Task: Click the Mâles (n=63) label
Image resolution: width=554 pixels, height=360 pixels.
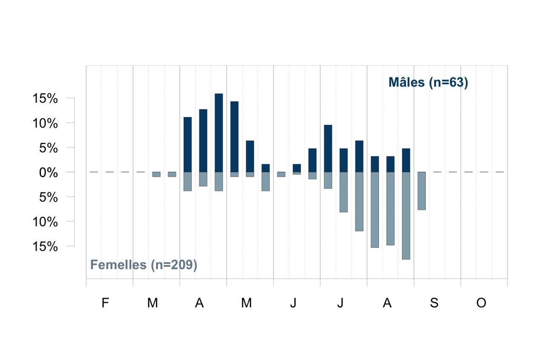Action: [x=428, y=82]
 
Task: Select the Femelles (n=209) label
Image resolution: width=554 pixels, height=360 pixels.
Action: [x=144, y=265]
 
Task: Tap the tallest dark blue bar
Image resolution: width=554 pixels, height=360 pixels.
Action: [x=219, y=133]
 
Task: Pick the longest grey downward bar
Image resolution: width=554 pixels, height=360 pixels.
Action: [x=406, y=216]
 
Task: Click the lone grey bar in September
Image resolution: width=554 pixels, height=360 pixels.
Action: [x=422, y=191]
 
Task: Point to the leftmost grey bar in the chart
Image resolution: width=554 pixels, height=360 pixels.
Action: [x=156, y=174]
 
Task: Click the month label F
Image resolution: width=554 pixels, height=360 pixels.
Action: [x=105, y=303]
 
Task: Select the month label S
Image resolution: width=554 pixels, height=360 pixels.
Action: [x=434, y=303]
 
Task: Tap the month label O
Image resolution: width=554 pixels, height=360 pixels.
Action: [x=481, y=303]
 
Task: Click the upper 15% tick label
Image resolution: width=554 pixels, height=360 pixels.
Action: [x=45, y=98]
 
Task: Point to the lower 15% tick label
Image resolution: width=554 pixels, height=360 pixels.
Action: [x=45, y=247]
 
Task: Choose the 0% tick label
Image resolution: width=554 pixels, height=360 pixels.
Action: [x=49, y=173]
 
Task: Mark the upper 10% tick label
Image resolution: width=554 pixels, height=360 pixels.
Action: [x=45, y=123]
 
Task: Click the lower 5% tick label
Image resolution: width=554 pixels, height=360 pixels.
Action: [x=49, y=197]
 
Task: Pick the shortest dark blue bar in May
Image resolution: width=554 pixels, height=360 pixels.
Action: [x=265, y=168]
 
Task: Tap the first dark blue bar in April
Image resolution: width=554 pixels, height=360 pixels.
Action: [x=188, y=145]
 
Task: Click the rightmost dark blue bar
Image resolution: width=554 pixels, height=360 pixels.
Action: [x=406, y=160]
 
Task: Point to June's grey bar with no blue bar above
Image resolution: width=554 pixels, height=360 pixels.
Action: [x=281, y=174]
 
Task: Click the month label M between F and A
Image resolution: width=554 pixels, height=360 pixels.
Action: [x=153, y=303]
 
